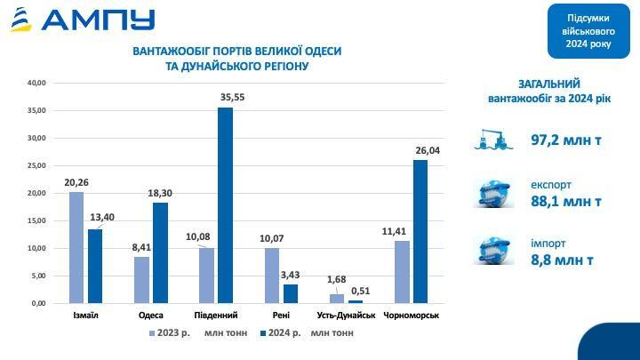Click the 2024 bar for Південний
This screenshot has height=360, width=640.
coord(225,205)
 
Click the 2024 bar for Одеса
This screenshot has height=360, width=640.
coord(160,252)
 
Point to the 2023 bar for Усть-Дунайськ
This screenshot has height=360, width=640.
coord(337,299)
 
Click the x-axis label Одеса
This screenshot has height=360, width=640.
coord(150,316)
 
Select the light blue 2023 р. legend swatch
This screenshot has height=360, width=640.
coord(152,333)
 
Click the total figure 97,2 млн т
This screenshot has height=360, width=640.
coord(567,141)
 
